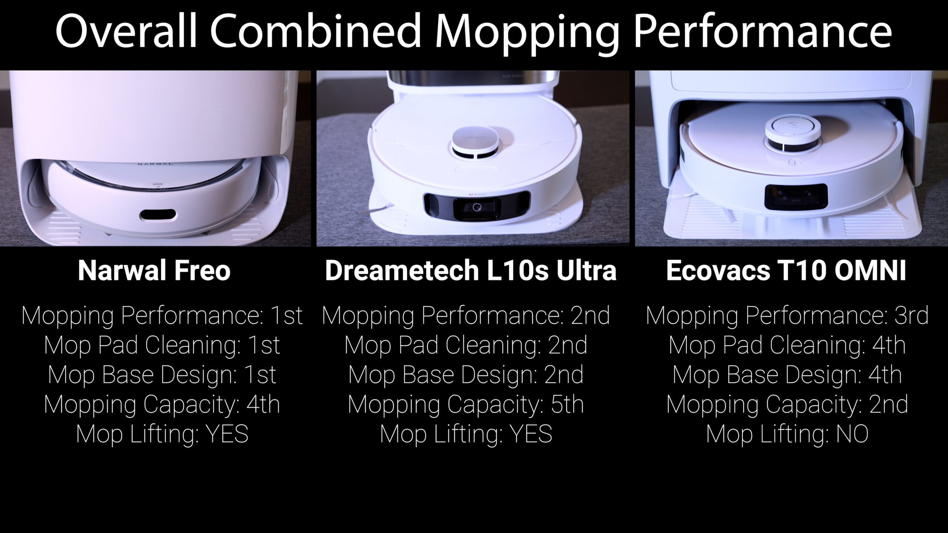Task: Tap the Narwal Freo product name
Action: pos(154,271)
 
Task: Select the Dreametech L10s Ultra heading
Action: pos(471,271)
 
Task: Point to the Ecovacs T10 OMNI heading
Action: pos(786,271)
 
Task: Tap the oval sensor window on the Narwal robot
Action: pos(158,215)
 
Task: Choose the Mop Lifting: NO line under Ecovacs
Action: pos(787,434)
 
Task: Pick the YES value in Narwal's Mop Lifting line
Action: pos(227,434)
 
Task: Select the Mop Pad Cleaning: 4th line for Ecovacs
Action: pos(787,345)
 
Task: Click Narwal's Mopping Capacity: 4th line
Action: pos(162,404)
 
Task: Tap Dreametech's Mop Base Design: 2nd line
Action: pos(466,375)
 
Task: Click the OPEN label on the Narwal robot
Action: pos(158,184)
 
